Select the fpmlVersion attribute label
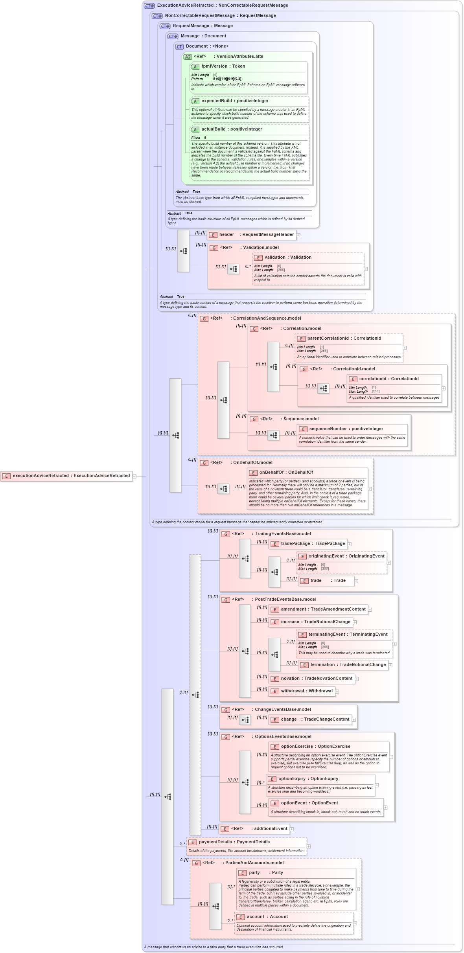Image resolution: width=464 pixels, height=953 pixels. (223, 66)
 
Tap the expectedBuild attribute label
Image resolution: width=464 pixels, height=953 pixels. (235, 101)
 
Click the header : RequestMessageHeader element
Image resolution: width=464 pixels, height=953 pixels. (252, 235)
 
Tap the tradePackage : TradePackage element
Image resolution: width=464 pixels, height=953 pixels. (308, 544)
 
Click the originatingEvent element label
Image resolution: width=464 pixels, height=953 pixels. (346, 556)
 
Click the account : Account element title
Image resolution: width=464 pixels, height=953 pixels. (267, 917)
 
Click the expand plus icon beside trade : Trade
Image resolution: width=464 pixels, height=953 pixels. (356, 581)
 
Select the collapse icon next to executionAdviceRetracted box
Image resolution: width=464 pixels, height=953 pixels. (134, 476)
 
